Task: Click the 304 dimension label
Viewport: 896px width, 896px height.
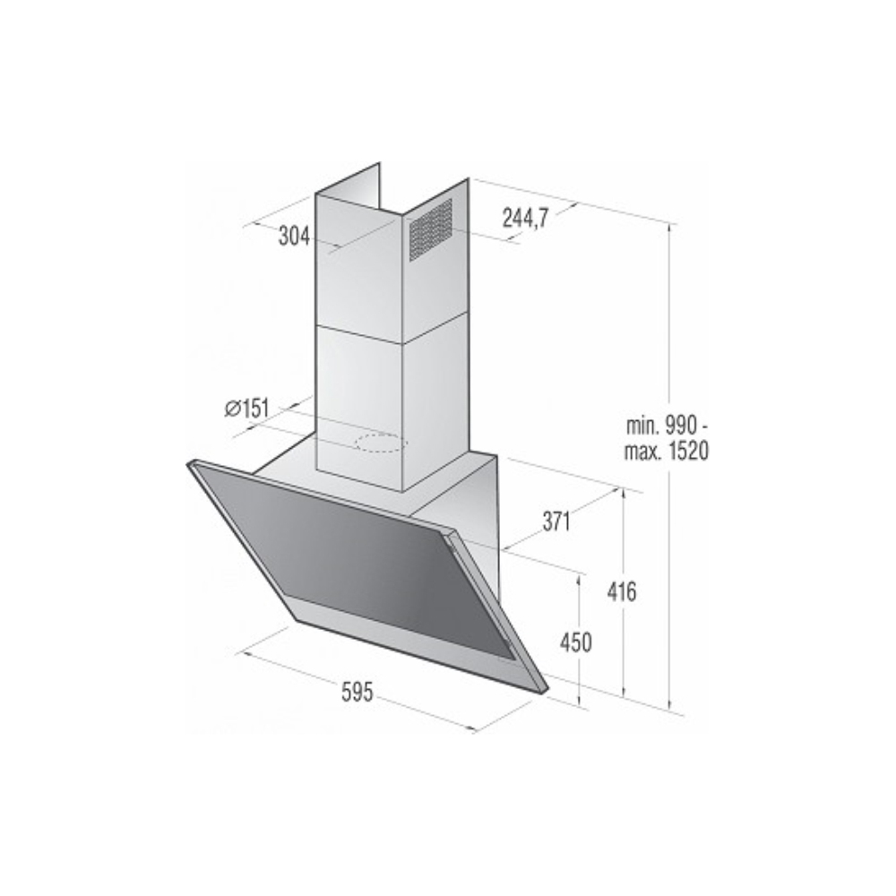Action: (294, 237)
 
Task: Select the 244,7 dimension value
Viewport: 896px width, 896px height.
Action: (525, 218)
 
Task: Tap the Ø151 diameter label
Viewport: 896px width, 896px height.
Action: (246, 409)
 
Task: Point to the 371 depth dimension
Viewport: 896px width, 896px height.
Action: (556, 521)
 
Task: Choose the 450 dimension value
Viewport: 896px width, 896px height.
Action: (575, 642)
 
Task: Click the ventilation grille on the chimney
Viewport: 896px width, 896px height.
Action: (431, 229)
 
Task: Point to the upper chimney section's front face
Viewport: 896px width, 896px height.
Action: (358, 269)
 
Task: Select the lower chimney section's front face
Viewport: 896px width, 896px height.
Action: (358, 394)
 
